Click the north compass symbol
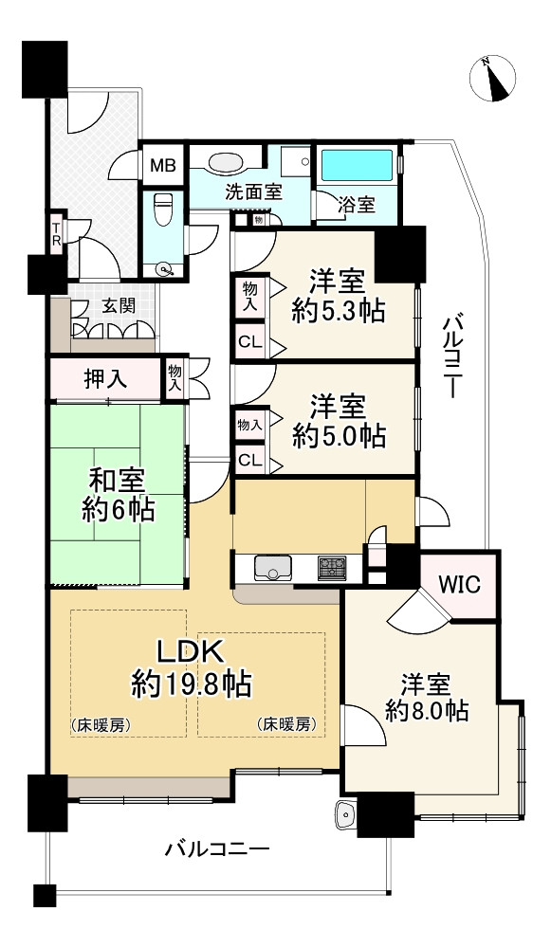point(494,80)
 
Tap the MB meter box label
point(163,165)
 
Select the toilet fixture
point(163,209)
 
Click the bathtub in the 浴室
point(358,164)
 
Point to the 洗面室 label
point(253,192)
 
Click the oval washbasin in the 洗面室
point(226,162)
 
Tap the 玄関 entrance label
point(118,306)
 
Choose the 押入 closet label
point(105,380)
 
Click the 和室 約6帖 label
point(118,495)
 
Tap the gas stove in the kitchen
point(333,568)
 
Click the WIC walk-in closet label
point(459,585)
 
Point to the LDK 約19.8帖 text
point(192,669)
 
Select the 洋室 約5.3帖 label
point(338,298)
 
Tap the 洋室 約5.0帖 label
point(339,422)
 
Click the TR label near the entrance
point(56,232)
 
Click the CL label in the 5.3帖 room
point(250,342)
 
